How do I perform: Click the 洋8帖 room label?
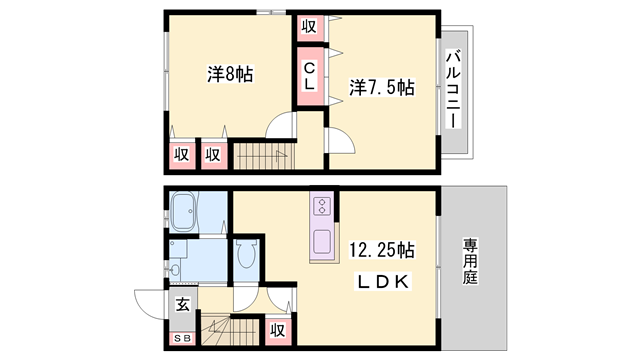pos(230,74)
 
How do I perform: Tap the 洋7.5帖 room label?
pos(382,88)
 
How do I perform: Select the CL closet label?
pos(310,76)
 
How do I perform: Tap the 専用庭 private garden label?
pos(470,262)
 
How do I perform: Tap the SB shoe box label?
pos(181,339)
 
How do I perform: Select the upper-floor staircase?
pos(258,156)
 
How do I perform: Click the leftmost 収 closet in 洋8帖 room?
pos(180,154)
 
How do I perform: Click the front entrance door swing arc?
pos(147,303)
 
